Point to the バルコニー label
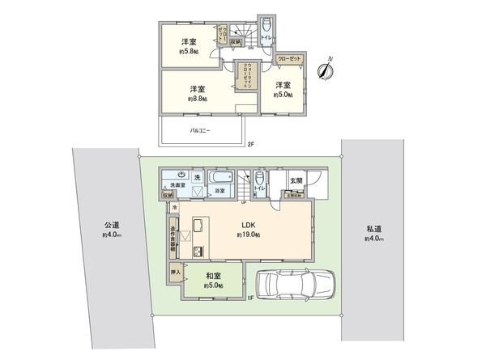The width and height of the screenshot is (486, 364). [x=201, y=129]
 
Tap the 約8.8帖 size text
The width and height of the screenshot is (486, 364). [x=198, y=99]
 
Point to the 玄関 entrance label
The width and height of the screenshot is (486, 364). [x=296, y=181]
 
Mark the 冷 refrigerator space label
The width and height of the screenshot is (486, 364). [x=175, y=207]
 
